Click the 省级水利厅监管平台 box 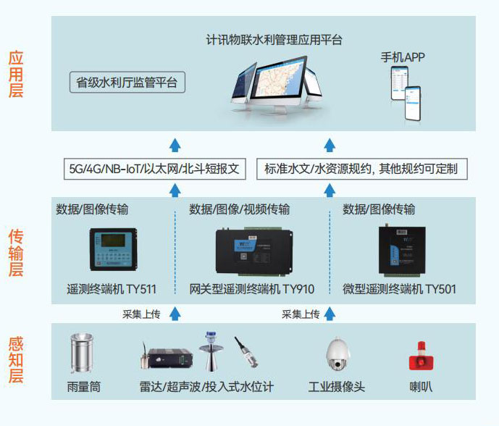127,82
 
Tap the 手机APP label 403,57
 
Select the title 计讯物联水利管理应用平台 274,40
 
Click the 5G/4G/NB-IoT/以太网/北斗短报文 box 155,169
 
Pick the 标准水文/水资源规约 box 362,169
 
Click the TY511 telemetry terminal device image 113,249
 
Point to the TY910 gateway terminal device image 254,251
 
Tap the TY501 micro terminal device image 402,250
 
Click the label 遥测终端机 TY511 112,289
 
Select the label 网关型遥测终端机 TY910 252,289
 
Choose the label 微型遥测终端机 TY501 399,289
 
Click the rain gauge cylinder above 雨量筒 82,353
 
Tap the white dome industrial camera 337,354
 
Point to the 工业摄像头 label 336,387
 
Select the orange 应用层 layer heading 16,74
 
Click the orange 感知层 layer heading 16,360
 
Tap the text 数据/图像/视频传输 239,209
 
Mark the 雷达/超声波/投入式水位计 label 206,387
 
